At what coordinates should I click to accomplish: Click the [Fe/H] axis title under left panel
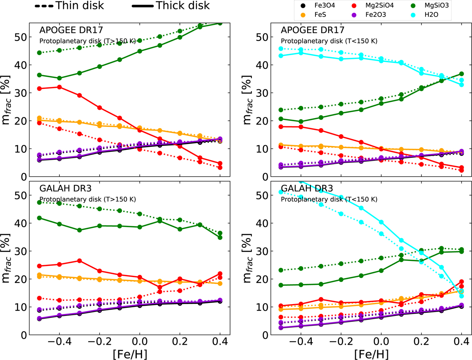pos(129,353)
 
